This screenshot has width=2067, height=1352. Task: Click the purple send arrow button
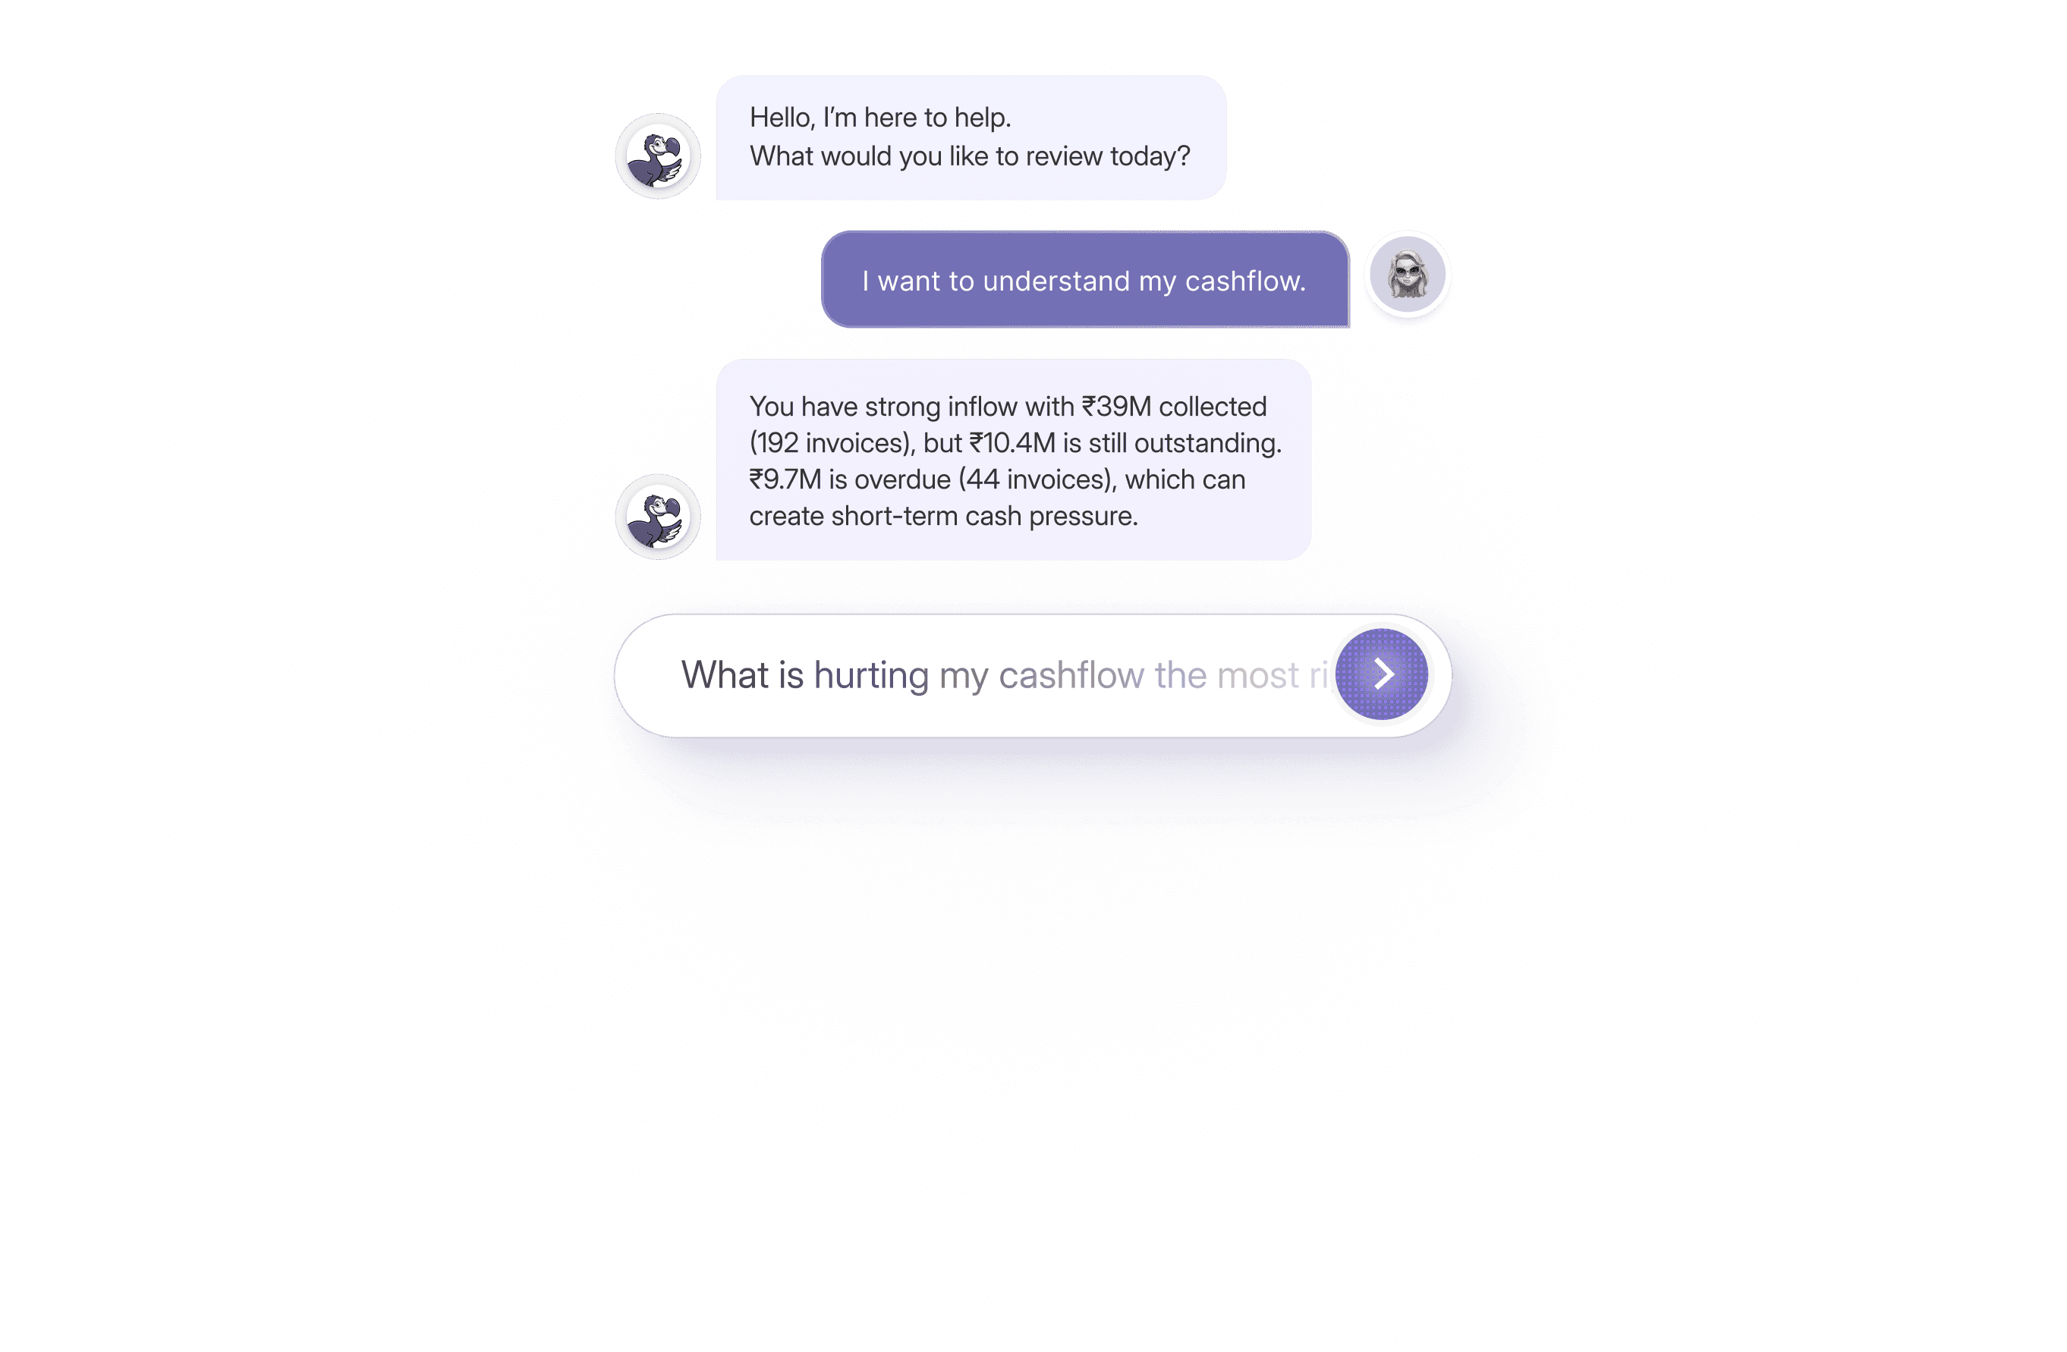point(1381,674)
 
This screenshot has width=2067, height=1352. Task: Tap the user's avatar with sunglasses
point(1407,275)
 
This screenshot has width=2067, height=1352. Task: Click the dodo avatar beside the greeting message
point(657,156)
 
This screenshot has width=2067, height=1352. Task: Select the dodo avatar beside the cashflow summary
point(657,517)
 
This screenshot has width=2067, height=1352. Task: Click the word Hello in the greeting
point(781,118)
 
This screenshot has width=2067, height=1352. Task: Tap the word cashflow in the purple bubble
point(1244,281)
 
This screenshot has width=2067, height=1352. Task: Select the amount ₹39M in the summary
point(1116,407)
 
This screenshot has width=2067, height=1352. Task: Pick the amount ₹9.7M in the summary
point(785,479)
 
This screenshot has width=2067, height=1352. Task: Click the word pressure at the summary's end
point(1083,516)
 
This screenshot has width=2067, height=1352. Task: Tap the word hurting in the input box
point(871,675)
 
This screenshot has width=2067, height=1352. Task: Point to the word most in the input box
point(1257,675)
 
